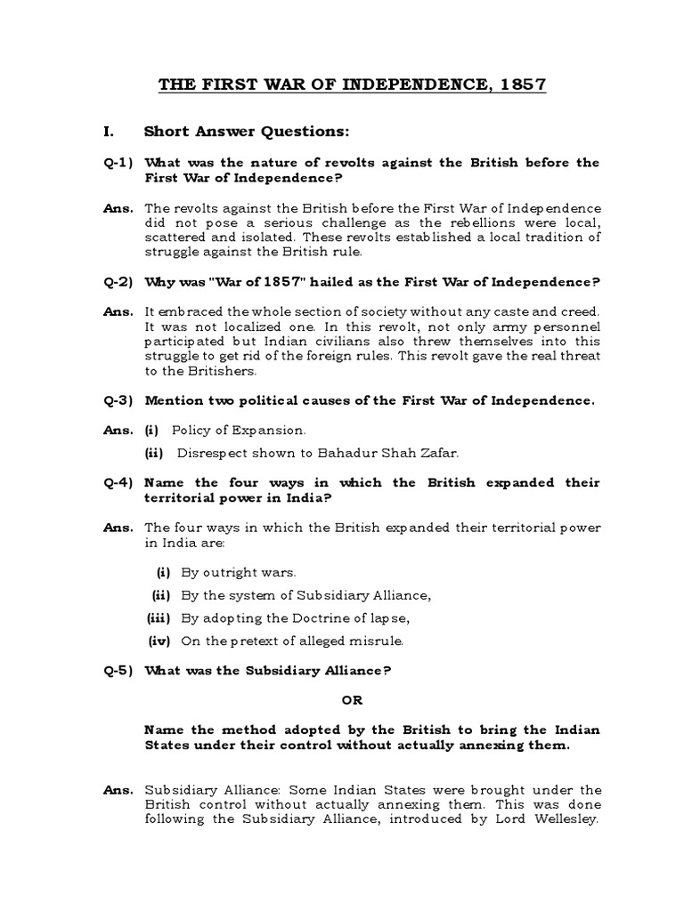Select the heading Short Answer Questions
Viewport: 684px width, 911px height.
point(247,133)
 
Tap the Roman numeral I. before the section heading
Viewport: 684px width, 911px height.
point(110,133)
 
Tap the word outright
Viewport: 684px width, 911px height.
point(230,572)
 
